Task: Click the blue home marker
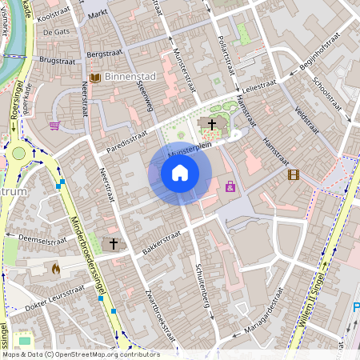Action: click(180, 173)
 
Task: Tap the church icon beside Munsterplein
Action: click(212, 123)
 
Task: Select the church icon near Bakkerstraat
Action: click(113, 242)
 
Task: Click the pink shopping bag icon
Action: click(230, 186)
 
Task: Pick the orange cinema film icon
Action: click(294, 174)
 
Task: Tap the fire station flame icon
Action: click(55, 270)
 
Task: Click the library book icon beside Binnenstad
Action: click(95, 78)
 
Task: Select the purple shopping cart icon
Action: click(54, 125)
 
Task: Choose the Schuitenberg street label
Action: click(205, 289)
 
